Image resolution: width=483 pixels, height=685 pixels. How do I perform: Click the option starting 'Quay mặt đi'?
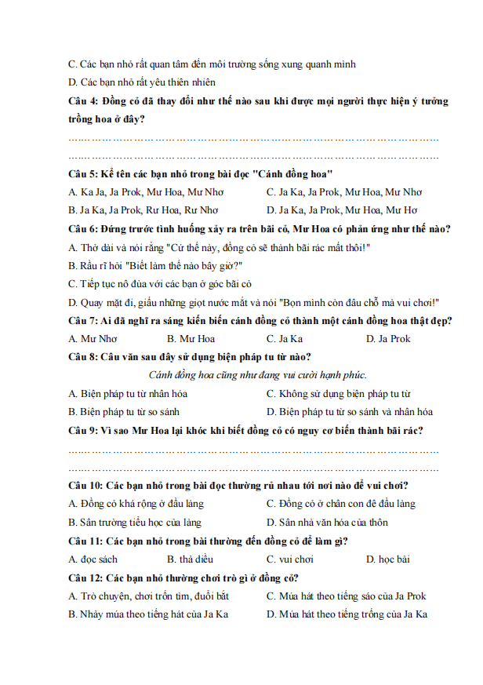pyautogui.click(x=253, y=303)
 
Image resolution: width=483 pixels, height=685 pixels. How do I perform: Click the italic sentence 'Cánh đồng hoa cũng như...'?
pyautogui.click(x=258, y=375)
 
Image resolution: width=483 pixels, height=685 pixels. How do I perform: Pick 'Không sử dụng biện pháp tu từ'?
pyautogui.click(x=339, y=394)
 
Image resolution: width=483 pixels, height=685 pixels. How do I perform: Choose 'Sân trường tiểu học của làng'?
pyautogui.click(x=135, y=523)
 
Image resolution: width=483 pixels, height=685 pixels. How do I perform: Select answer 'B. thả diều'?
pyautogui.click(x=190, y=559)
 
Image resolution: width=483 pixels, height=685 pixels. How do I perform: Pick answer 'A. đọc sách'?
pyautogui.click(x=93, y=559)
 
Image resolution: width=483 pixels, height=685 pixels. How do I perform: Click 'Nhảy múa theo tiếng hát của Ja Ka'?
pyautogui.click(x=148, y=614)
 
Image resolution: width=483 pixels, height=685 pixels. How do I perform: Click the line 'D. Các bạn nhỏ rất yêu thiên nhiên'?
pyautogui.click(x=142, y=82)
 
